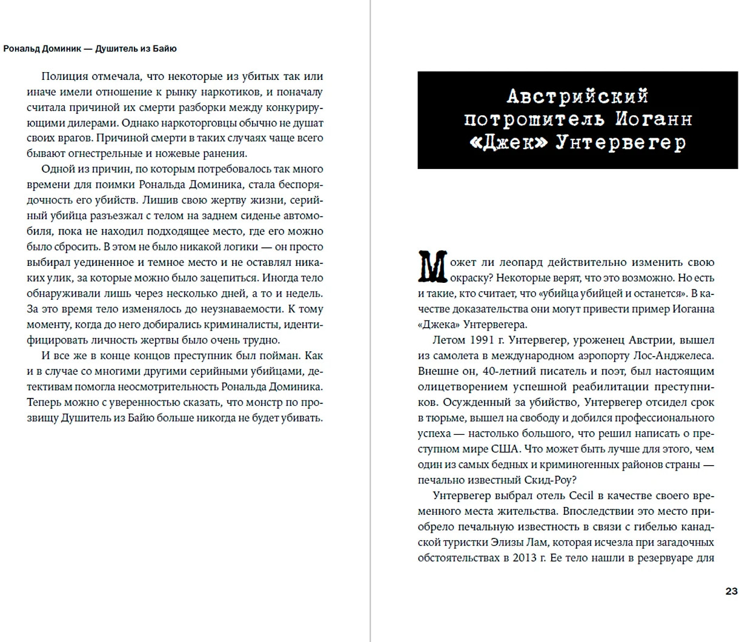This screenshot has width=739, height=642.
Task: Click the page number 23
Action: (x=731, y=591)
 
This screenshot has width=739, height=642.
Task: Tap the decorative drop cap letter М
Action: (x=432, y=266)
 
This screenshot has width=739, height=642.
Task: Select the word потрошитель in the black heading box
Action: (x=535, y=119)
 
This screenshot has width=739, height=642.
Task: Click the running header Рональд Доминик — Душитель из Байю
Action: (x=90, y=48)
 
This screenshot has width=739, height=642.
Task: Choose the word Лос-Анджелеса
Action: (x=673, y=356)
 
